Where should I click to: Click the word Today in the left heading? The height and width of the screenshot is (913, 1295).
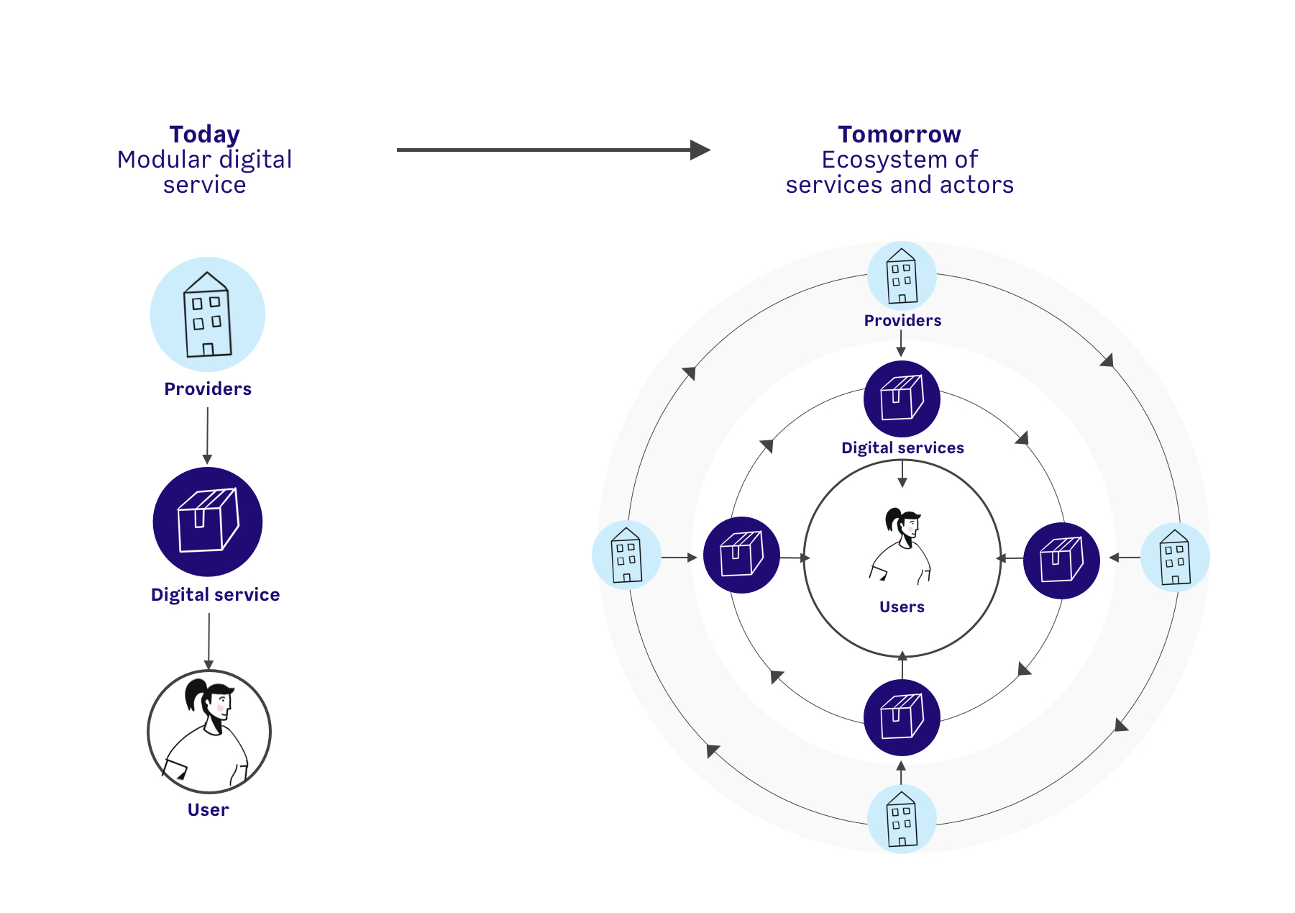coord(205,135)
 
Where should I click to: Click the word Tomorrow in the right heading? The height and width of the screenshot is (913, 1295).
coord(900,135)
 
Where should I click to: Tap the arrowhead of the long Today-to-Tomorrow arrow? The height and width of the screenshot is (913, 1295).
coord(700,150)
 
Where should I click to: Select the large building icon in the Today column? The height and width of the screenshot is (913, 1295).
coord(208,314)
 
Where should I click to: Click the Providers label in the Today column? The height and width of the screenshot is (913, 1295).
coord(208,389)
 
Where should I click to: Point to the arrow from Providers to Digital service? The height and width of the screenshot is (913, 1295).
coord(208,436)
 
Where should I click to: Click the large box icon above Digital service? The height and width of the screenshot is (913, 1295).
coord(208,522)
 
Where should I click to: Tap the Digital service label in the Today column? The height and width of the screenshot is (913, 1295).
coord(215,595)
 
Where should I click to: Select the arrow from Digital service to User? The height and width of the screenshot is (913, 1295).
coord(209,642)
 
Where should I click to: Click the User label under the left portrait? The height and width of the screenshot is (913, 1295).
coord(209,810)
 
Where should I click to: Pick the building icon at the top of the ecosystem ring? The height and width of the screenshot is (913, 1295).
coord(902,276)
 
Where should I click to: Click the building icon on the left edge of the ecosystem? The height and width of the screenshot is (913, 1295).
coord(626,555)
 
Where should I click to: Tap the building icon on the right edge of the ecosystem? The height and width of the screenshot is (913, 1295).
coord(1176,557)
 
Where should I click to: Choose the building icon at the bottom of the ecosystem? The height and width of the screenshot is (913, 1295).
coord(902,819)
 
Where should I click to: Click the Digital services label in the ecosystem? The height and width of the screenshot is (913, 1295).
coord(902,448)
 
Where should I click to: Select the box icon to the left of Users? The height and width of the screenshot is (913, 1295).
coord(741,555)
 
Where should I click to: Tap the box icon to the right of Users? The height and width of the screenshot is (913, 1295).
coord(1061,560)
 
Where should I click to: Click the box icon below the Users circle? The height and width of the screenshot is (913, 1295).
coord(902,717)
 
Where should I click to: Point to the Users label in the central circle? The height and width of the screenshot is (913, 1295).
coord(902,607)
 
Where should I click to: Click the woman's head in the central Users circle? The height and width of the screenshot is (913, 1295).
coord(903,522)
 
